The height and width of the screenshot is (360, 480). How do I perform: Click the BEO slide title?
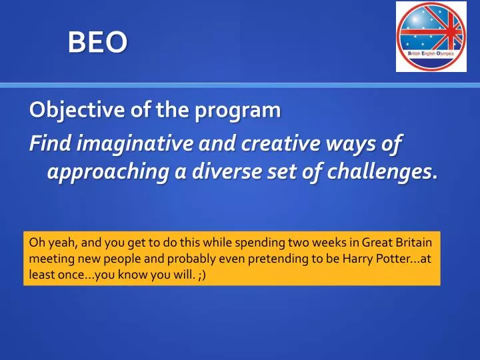tap(97, 43)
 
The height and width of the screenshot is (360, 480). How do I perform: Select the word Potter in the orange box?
tap(389, 259)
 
